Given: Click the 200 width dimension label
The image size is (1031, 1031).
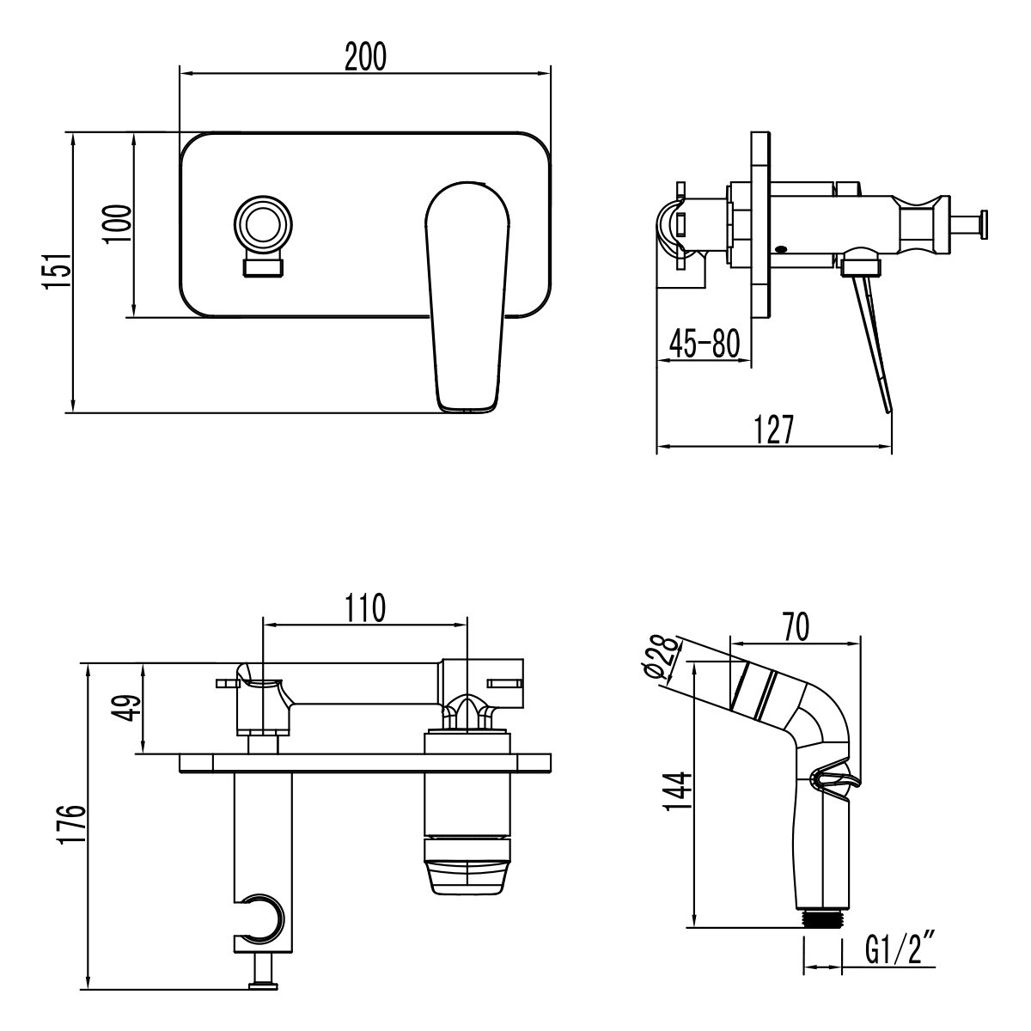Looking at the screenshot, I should click(x=365, y=57).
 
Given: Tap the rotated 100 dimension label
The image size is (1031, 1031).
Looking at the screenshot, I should click(x=119, y=225).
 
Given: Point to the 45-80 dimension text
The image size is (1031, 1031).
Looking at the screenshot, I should click(x=704, y=344).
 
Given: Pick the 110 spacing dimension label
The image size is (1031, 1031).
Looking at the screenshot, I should click(x=364, y=608).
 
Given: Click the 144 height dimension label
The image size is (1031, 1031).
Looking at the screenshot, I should click(x=679, y=791).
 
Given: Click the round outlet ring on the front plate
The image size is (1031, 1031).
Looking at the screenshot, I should click(x=263, y=226).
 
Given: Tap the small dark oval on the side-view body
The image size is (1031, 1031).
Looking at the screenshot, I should click(x=780, y=250).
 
